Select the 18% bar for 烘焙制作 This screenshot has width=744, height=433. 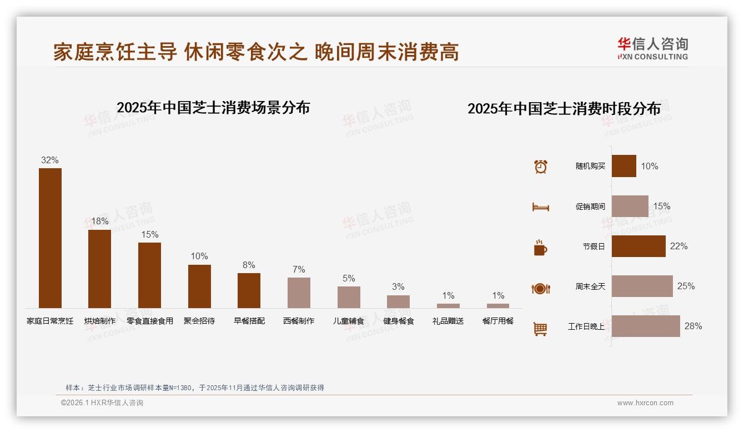pos(100,269)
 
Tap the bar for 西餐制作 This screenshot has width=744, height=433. pos(299,293)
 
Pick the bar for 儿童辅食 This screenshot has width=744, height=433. pos(349,297)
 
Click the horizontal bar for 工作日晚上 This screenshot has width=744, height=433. pos(646,326)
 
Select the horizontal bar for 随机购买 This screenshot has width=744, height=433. pos(624,166)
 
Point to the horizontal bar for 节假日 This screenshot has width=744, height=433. pos(639,246)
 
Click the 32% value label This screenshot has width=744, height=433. pos(50,160)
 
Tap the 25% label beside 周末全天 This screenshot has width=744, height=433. pos(686,286)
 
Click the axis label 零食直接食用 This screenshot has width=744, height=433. pos(150,321)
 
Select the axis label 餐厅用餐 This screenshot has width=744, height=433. pos(498,321)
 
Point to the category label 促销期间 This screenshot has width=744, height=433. pos(590,207)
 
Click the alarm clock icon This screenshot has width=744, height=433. pos(541,167)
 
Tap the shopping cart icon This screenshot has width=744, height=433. pos(540,329)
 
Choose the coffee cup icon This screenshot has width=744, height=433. pos(540,248)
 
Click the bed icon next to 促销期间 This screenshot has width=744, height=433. pos(540,207)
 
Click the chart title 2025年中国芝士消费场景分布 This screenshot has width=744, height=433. pos(213,108)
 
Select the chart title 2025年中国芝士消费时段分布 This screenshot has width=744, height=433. pos(564,109)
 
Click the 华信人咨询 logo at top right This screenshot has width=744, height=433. pos(652,48)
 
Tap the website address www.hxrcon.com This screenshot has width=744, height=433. pos(645,403)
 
